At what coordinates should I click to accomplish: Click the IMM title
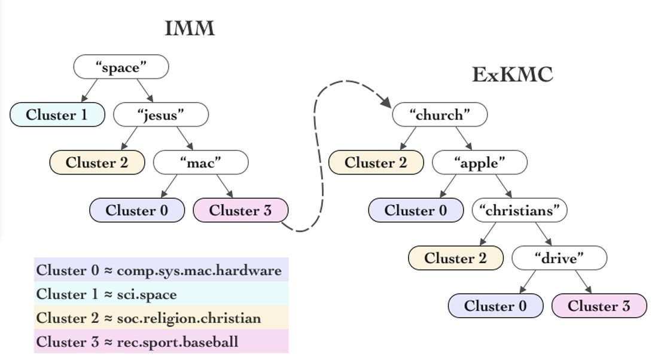click(x=190, y=28)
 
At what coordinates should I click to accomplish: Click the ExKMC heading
click(x=513, y=75)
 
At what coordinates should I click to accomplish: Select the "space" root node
click(x=121, y=67)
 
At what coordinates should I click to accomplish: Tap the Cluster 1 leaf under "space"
click(x=57, y=115)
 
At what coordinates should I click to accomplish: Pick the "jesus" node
click(x=161, y=115)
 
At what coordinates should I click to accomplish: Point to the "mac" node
click(x=200, y=163)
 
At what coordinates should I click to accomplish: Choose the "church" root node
click(x=440, y=115)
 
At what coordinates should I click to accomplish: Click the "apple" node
click(x=480, y=163)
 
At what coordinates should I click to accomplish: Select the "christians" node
click(x=519, y=210)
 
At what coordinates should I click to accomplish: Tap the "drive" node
click(x=559, y=258)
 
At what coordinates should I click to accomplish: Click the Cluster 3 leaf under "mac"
click(x=240, y=210)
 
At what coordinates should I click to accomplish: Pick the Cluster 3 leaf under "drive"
click(x=599, y=306)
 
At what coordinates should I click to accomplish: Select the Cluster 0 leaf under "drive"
click(x=496, y=306)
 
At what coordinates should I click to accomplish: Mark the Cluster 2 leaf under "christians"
click(x=456, y=258)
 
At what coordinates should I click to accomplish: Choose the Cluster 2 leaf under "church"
click(x=376, y=163)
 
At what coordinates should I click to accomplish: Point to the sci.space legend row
click(x=106, y=294)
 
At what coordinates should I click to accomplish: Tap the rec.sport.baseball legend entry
click(x=138, y=342)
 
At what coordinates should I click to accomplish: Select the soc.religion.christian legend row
click(x=149, y=318)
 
